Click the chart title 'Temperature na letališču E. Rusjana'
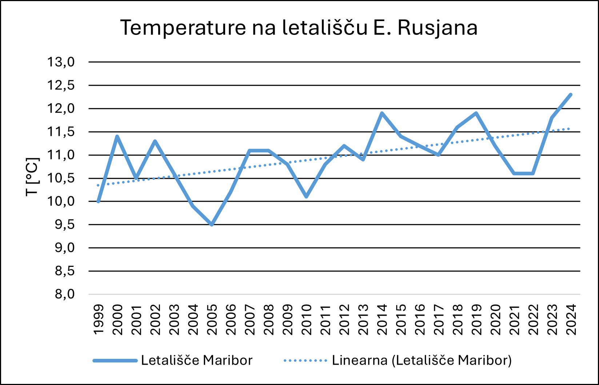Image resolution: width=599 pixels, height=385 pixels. pos(299,28)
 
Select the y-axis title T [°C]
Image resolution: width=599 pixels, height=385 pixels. pos(32,177)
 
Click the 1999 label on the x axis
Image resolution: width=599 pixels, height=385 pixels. pos(99,320)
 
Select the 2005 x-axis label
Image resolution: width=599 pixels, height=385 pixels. pos(212,320)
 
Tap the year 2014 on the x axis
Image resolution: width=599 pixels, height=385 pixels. pos(382,320)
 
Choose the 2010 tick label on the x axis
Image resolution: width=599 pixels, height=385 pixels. pos(306,320)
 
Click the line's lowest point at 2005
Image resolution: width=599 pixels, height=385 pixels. pos(212,225)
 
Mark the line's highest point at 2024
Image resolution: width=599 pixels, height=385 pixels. pos(571,95)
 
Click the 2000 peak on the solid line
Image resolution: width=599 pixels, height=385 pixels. pos(117,136)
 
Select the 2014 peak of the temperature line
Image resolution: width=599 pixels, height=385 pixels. pos(382,113)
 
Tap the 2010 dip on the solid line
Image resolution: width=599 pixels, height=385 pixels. pos(306,197)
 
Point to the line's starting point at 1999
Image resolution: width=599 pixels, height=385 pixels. pos(98,201)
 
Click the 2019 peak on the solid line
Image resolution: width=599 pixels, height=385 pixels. pos(476,113)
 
